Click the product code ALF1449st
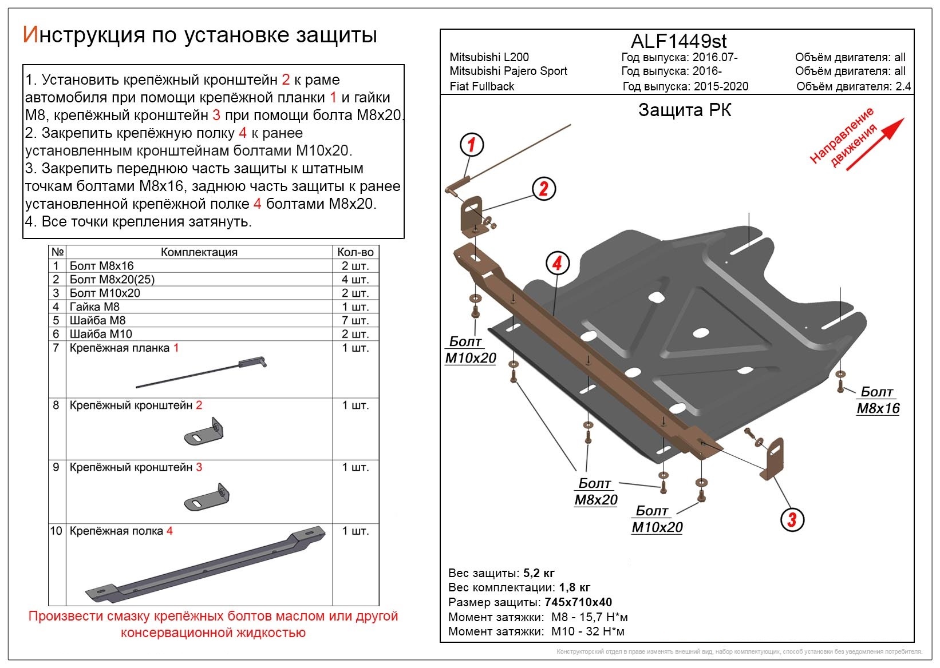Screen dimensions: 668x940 [x=678, y=41]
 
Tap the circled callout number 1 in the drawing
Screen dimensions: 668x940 [x=472, y=145]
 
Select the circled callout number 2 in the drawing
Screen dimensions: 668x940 [x=543, y=188]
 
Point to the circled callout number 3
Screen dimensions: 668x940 [x=792, y=519]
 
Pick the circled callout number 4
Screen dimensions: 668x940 [x=557, y=263]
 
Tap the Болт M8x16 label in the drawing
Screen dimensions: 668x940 [x=878, y=400]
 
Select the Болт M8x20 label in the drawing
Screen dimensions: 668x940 [x=595, y=492]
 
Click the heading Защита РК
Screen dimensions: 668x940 [x=685, y=110]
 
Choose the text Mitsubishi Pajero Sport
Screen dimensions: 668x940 [x=508, y=71]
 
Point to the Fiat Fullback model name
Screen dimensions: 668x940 [x=482, y=86]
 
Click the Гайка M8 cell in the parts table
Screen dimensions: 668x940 [x=94, y=307]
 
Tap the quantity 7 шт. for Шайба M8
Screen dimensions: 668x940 [x=356, y=320]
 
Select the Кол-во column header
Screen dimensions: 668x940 [x=356, y=252]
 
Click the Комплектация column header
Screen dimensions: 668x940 [x=199, y=252]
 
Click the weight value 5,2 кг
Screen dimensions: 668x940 [x=539, y=573]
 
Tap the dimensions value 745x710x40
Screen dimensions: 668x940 [x=578, y=602]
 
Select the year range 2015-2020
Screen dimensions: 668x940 [x=721, y=86]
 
